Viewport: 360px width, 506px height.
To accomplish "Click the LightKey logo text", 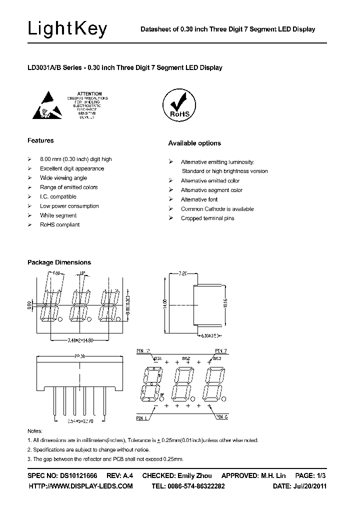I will point(67,29).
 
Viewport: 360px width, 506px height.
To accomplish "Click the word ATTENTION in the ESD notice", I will point(90,93).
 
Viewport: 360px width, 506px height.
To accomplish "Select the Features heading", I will point(40,140).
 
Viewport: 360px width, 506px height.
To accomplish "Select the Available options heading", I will point(194,143).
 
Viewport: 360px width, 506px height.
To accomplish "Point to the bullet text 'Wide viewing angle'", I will point(63,178).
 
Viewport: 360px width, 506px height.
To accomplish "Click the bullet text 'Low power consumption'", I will point(69,206).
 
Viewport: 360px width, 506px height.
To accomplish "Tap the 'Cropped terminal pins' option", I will point(207,218).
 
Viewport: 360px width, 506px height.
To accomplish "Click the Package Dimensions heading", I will point(59,262).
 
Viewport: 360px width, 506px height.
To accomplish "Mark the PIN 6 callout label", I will point(222,416).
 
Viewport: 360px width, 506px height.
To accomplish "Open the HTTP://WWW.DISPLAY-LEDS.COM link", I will point(80,486).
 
